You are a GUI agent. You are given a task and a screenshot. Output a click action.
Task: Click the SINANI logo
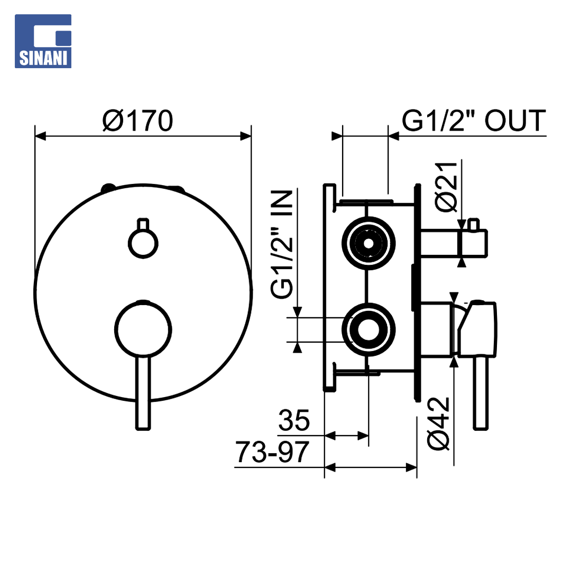coord(43,41)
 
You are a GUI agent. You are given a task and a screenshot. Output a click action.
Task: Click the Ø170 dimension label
coord(137,121)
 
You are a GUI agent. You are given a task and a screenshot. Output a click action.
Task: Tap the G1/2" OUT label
coord(474,121)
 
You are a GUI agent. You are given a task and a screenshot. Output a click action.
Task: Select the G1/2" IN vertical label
coord(282,244)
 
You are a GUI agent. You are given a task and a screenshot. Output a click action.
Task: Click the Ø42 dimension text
coord(438,424)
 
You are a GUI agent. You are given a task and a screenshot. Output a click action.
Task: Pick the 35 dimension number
coord(294,420)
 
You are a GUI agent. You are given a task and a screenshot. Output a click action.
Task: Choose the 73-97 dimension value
coord(272,452)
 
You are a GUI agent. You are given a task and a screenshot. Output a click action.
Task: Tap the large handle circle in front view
coord(143,329)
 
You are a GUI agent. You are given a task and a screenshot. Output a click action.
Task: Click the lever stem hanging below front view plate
coord(143,393)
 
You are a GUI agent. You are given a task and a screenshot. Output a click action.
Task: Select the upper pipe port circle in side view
coord(369,243)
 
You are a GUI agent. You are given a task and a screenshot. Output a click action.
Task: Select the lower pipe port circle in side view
coord(369,329)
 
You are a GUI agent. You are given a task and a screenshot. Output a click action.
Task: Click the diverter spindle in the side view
coord(454,243)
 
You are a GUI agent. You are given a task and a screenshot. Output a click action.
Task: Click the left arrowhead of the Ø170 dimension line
coord(40,136)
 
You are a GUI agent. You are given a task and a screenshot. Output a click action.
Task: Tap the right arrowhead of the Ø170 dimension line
coord(246,136)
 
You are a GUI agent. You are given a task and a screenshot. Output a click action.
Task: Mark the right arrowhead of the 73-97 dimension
coord(411,467)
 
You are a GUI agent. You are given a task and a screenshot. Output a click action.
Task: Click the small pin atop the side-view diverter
coord(473,224)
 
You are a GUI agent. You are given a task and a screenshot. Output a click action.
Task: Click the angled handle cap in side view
coord(477,329)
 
